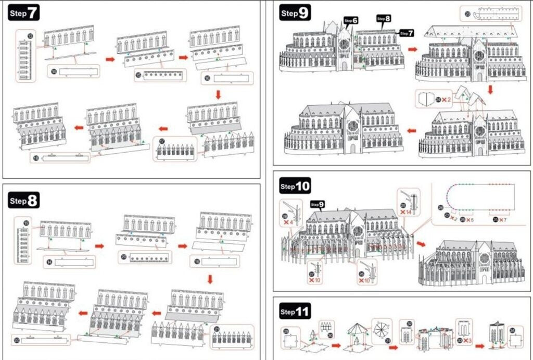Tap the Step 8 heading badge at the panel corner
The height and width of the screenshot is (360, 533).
24,200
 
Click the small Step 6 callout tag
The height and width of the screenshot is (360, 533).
351,20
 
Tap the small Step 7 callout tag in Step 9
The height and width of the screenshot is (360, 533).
407,33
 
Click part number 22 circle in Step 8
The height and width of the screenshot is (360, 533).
17,340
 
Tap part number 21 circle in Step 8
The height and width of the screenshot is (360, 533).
217,329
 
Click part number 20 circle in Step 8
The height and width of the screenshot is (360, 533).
123,256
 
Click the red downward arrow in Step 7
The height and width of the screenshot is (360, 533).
218,94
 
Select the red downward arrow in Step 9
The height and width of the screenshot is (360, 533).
490,90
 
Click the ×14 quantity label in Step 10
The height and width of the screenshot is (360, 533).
406,213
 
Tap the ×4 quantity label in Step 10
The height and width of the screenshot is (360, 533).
288,222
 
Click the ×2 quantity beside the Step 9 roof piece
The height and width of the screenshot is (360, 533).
446,99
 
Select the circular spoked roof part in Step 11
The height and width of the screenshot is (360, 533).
381,329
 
